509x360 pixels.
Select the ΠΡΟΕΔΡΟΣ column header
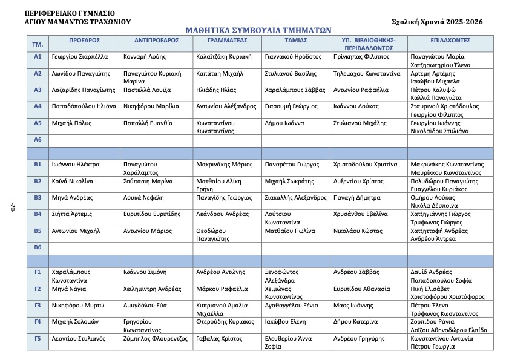coord(84,40)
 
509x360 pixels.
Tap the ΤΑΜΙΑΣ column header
coord(295,40)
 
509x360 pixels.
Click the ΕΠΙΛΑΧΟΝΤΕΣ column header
coord(450,40)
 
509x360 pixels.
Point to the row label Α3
coord(38,90)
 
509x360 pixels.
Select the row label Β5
coord(38,231)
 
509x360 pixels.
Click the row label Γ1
coord(38,272)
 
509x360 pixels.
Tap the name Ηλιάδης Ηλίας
coord(216,90)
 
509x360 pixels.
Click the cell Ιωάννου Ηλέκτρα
coord(76,164)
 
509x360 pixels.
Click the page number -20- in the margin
coord(11,209)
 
